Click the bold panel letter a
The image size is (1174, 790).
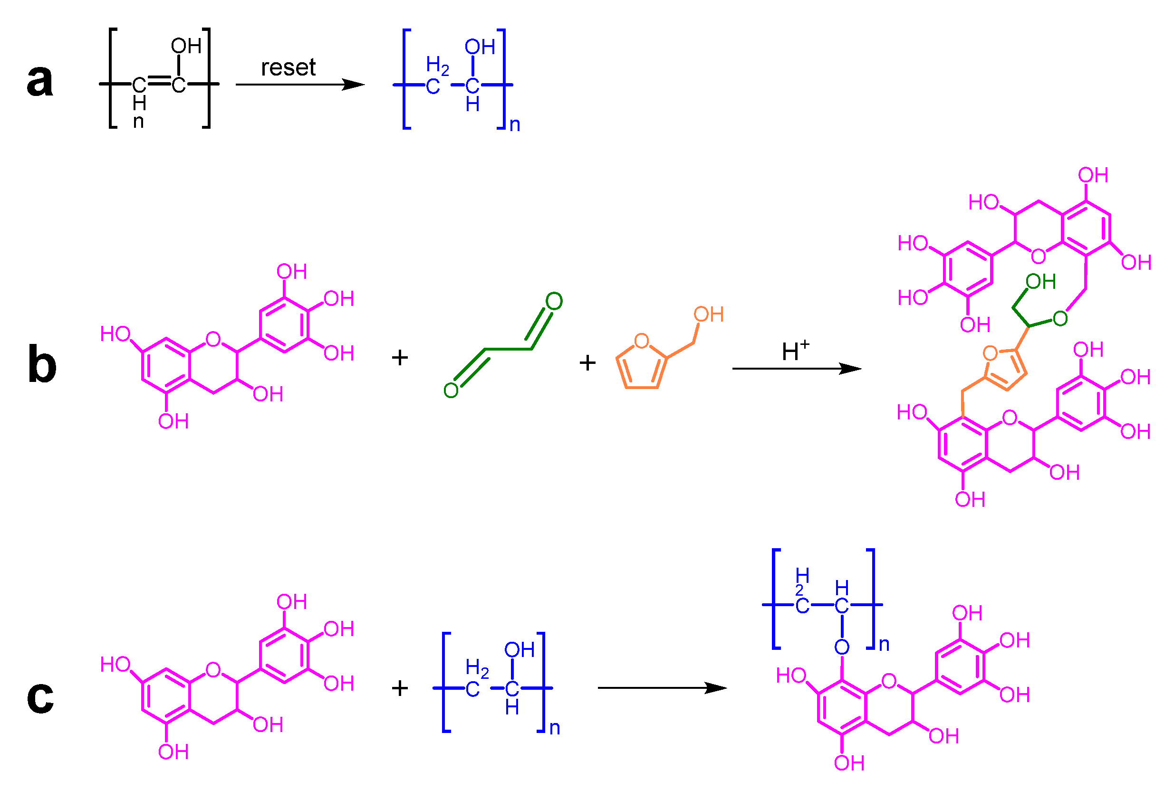40,81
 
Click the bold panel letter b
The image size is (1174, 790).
42,364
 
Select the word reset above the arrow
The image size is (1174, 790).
288,67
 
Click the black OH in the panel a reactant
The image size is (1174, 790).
186,47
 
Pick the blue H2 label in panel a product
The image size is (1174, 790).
437,66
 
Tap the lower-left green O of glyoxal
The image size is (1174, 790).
451,390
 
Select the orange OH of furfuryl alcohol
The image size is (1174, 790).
708,314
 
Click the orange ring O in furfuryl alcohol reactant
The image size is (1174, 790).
641,341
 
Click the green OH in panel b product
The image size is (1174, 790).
1040,282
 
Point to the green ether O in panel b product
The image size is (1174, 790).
1060,318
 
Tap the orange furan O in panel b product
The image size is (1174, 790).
990,353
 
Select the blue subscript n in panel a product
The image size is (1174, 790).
515,124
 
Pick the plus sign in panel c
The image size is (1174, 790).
400,688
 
